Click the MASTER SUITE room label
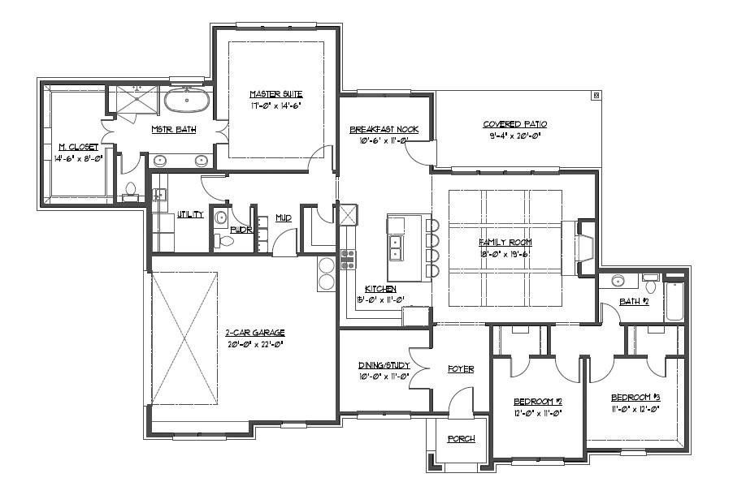pos(276,94)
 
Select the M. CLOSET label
pos(76,147)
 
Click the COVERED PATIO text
pos(515,124)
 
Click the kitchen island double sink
pos(397,247)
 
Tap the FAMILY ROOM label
pos(505,242)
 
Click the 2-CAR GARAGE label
pos(255,333)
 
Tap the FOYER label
pos(461,369)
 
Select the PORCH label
pos(461,439)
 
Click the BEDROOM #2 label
pos(538,402)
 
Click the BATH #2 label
pos(634,302)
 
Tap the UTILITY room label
pos(190,215)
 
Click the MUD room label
pos(283,218)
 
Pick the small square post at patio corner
pos(596,96)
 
